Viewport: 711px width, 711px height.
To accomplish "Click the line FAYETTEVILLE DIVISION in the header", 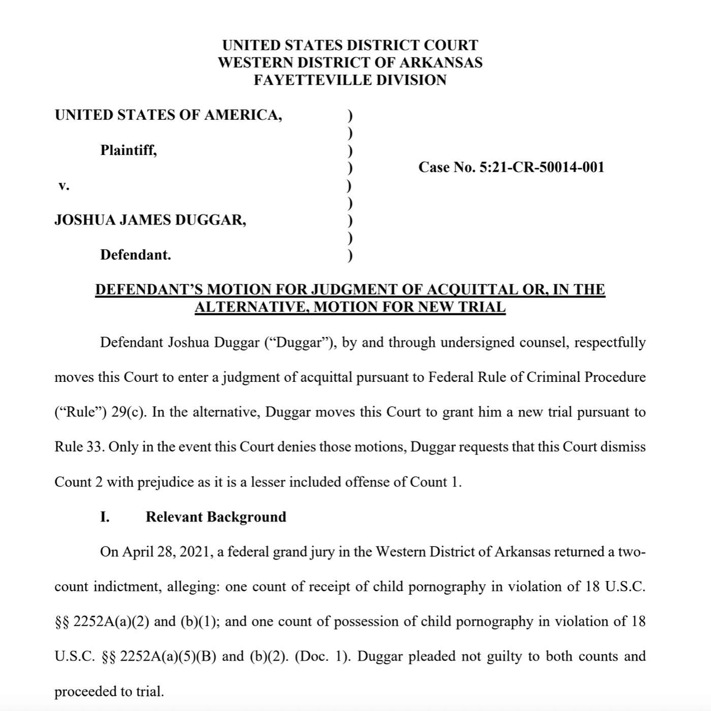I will point(350,80).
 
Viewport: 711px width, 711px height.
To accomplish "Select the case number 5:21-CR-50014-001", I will point(542,167).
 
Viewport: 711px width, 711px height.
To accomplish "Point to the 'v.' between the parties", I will point(63,185).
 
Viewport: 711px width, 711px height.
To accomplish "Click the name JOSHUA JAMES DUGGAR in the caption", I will point(150,220).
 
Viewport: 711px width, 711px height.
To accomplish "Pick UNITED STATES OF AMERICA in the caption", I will point(168,115).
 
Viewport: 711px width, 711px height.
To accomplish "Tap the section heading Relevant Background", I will point(216,517).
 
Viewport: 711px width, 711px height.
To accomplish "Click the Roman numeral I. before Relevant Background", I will point(105,517).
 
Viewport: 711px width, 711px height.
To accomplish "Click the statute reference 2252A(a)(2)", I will point(111,622).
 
